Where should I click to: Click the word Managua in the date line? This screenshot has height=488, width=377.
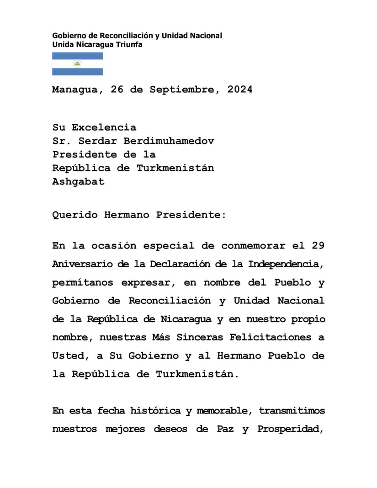pos(74,90)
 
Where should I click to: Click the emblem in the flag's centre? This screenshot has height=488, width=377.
pos(77,64)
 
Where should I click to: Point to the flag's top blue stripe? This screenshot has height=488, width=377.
pos(77,56)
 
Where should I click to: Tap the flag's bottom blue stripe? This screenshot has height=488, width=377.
pos(77,72)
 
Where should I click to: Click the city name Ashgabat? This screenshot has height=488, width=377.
pos(78,181)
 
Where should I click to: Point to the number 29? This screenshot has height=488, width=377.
pos(319,246)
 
